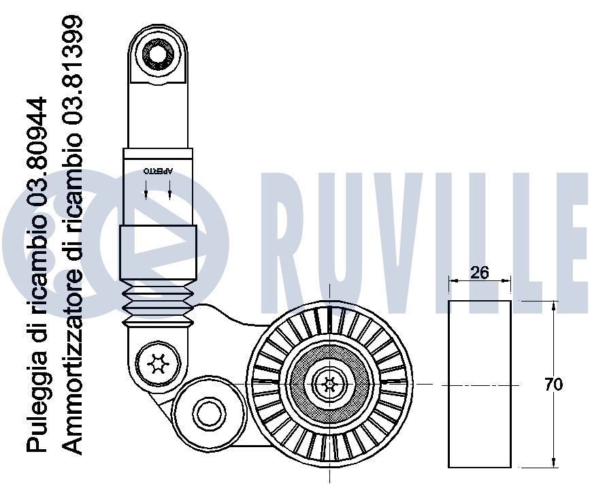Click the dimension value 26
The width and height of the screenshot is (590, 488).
coord(480,272)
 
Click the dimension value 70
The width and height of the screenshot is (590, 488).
coord(554,385)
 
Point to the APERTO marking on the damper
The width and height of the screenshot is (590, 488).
coord(158,172)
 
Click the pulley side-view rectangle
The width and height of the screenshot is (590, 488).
coord(480,385)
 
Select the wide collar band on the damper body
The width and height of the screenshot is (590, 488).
coord(158,252)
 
